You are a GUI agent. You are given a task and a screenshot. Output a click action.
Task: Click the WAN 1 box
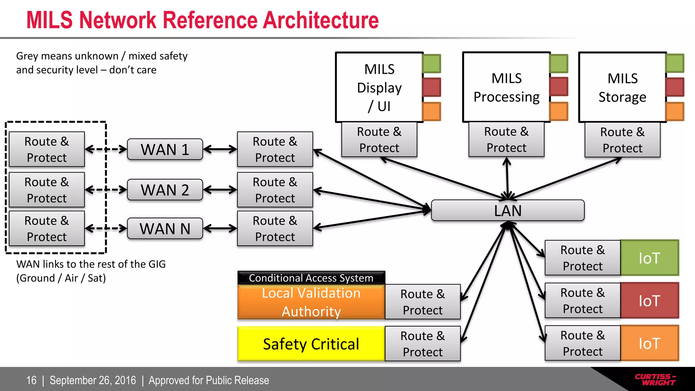pos(165,149)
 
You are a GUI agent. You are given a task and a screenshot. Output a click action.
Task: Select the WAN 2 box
pos(165,190)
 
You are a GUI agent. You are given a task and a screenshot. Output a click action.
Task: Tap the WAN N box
pos(165,228)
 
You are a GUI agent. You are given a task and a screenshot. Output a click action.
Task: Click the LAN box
pos(508,210)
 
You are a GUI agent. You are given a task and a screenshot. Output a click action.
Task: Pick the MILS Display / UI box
pos(379,87)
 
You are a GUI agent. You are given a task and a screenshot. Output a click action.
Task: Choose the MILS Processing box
pos(506,87)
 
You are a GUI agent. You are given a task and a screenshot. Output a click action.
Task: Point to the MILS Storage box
pos(622,87)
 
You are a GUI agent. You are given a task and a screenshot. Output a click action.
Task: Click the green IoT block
pos(649,258)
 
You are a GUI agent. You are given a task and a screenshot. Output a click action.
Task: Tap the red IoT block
pos(649,301)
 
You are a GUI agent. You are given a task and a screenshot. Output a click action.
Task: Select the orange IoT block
pos(649,343)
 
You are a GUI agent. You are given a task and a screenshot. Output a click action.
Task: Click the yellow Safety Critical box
pos(311,344)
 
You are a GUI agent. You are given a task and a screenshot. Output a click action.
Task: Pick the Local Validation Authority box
pos(311,302)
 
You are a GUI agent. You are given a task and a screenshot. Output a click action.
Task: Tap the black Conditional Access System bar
pos(311,278)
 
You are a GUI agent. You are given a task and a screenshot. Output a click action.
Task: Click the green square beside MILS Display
pos(432,63)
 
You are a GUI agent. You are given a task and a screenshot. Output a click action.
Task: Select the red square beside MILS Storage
pos(675,87)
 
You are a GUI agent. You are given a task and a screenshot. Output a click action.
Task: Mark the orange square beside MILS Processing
pos(559,111)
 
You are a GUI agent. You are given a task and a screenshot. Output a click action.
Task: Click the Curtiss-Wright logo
pos(655,379)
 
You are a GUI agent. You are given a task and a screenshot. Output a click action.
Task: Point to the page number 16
pos(31,380)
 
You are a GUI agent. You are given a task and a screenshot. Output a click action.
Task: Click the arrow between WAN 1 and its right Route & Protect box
pos(220,149)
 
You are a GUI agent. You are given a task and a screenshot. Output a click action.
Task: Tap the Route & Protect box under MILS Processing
pos(506,139)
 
